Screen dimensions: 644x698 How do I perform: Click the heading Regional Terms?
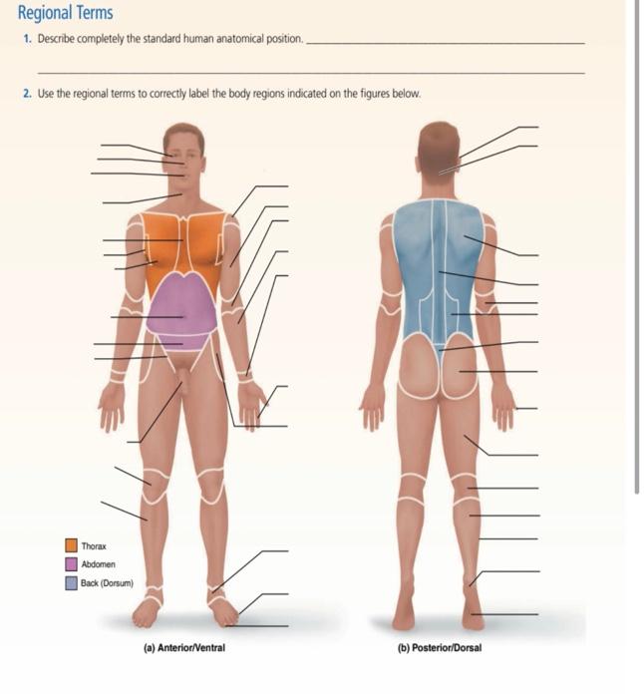pyautogui.click(x=65, y=14)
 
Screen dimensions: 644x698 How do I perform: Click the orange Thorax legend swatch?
pyautogui.click(x=72, y=545)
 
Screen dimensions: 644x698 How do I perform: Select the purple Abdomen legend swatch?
pyautogui.click(x=72, y=564)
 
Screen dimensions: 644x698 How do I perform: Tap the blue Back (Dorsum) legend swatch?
pyautogui.click(x=72, y=583)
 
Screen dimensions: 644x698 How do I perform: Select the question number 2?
pyautogui.click(x=28, y=94)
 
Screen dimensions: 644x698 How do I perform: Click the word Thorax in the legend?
pyautogui.click(x=94, y=546)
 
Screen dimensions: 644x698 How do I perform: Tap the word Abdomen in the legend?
pyautogui.click(x=98, y=564)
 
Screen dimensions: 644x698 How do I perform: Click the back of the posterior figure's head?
pyautogui.click(x=439, y=145)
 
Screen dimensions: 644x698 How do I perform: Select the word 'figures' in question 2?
pyautogui.click(x=374, y=94)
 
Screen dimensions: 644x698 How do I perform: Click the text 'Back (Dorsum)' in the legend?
pyautogui.click(x=108, y=583)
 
